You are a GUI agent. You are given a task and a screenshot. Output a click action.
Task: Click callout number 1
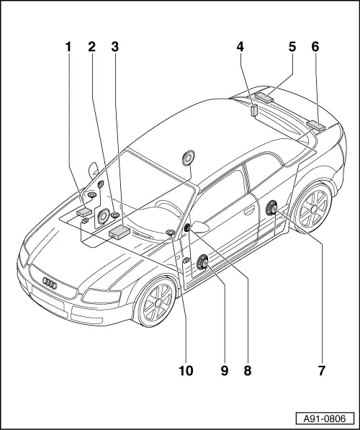(68, 47)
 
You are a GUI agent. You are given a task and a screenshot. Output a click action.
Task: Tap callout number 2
(91, 47)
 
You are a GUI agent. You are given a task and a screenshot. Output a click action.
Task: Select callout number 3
(115, 47)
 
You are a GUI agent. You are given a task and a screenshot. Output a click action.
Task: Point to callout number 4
(240, 47)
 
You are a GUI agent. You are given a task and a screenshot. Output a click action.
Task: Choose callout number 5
(292, 47)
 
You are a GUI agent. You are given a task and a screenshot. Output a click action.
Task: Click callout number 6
(315, 47)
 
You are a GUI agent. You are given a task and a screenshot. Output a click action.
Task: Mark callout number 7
(321, 371)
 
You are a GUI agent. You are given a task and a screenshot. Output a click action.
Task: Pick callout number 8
(247, 371)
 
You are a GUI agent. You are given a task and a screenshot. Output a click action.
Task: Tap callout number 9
(225, 371)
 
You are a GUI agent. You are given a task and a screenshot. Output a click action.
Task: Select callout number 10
(186, 371)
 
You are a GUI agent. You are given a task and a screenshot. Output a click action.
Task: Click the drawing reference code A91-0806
(324, 418)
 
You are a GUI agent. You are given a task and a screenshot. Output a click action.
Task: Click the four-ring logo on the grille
(50, 283)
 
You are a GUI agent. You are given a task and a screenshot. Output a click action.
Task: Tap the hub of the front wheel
(158, 303)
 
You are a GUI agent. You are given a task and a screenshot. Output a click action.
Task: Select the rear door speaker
(271, 208)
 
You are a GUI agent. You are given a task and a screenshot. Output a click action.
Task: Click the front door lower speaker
(203, 262)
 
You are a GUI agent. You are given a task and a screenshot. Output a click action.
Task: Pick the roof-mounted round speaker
(188, 158)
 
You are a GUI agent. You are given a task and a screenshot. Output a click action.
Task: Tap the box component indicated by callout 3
(120, 233)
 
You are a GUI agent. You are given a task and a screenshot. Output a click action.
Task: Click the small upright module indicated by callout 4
(254, 110)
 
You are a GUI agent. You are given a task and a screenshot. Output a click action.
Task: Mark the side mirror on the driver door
(200, 227)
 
